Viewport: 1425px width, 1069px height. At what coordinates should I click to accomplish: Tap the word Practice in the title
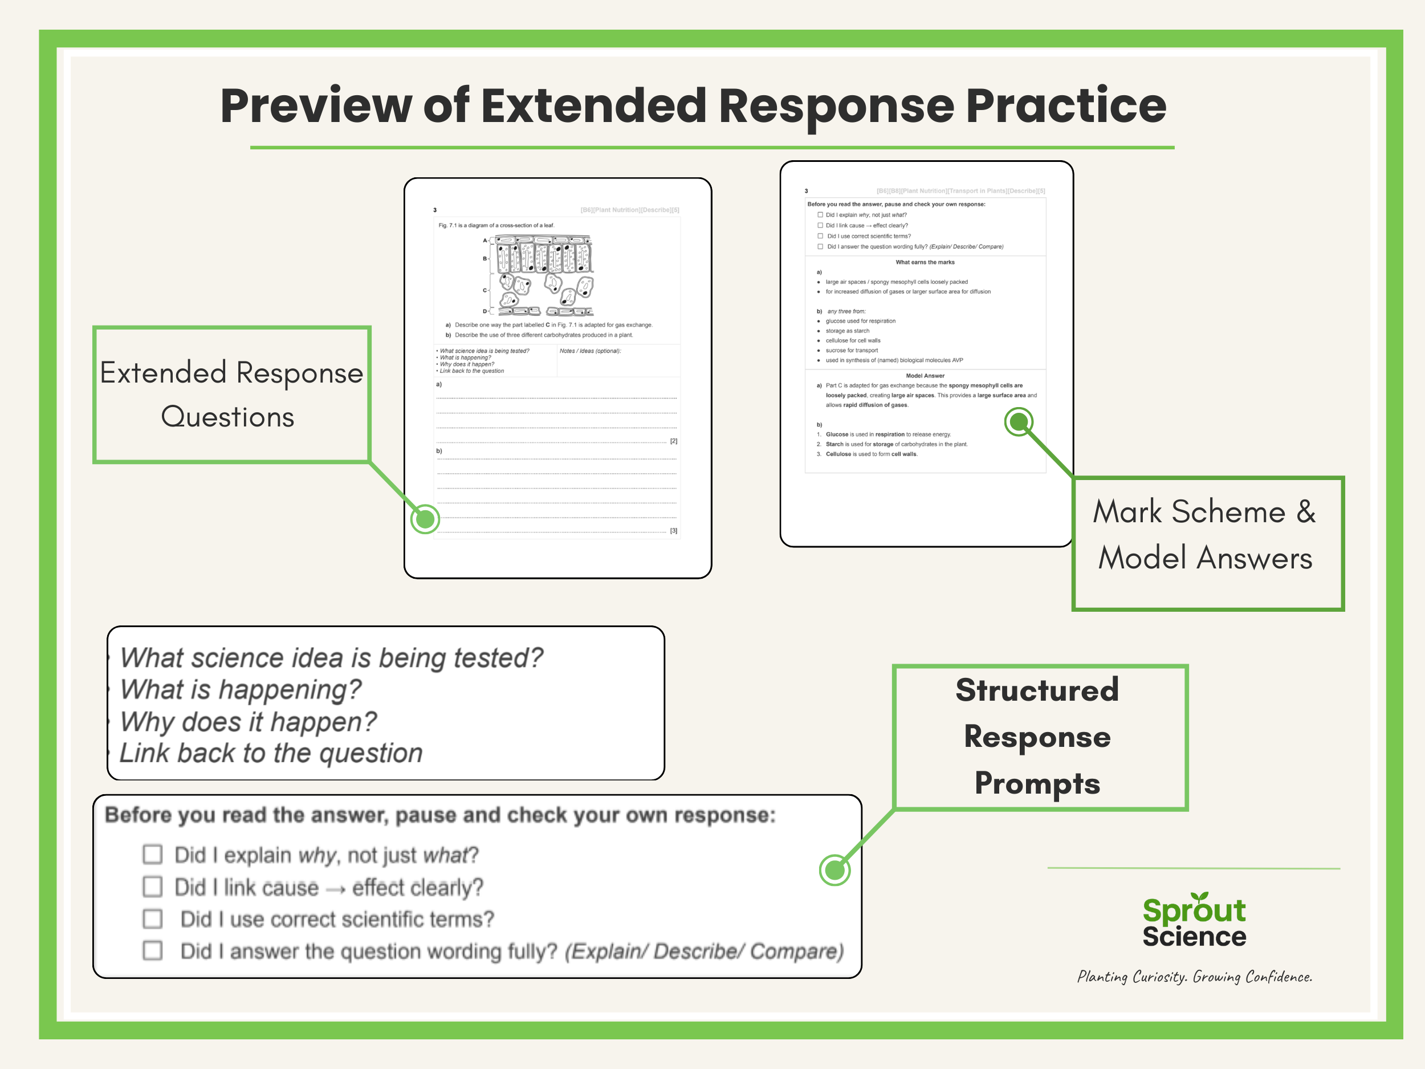click(1065, 106)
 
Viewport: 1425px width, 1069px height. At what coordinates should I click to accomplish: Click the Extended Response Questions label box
click(231, 395)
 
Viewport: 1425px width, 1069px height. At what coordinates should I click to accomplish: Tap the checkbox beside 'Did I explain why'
click(153, 855)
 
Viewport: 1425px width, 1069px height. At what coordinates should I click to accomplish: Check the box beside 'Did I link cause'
click(153, 887)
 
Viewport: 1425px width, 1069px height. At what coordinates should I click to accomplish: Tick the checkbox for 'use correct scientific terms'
click(153, 919)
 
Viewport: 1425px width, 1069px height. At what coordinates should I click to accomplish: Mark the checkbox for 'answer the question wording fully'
click(153, 950)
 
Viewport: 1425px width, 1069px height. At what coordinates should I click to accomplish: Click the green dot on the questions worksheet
click(425, 519)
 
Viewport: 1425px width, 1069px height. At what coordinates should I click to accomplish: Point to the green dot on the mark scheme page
click(1019, 422)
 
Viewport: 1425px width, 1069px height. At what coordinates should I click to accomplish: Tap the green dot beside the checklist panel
click(834, 870)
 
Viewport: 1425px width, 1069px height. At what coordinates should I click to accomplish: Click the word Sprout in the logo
click(1194, 911)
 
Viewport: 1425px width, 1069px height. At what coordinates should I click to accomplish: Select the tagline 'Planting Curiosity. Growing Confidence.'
click(1194, 977)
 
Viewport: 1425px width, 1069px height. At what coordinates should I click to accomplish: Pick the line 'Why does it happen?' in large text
click(249, 722)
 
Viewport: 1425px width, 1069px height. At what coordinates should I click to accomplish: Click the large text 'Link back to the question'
click(271, 753)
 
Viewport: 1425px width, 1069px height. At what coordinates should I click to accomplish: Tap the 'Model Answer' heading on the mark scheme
click(925, 376)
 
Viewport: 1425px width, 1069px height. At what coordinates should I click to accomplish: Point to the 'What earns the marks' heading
click(925, 262)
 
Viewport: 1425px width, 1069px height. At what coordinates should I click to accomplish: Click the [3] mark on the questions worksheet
click(673, 531)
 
